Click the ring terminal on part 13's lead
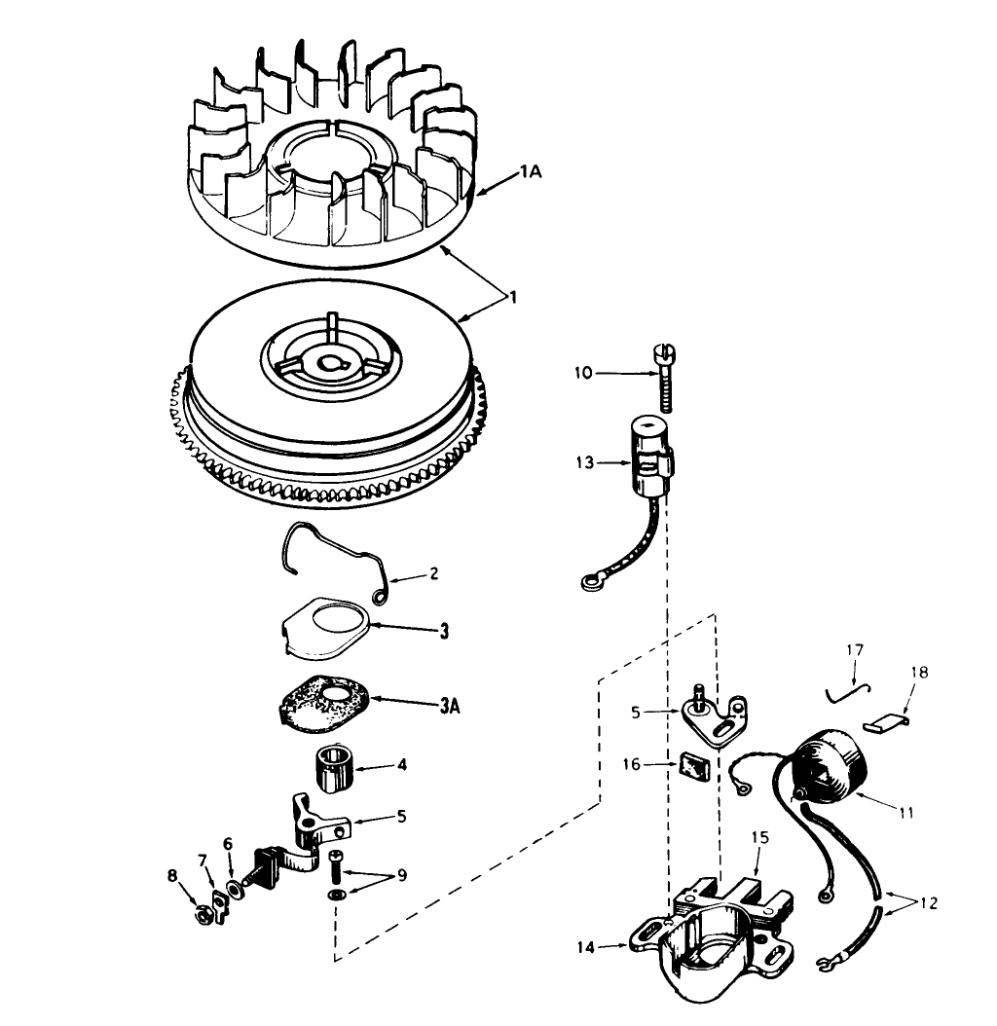pyautogui.click(x=587, y=584)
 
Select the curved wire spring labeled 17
pyautogui.click(x=844, y=689)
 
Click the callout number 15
pyautogui.click(x=760, y=836)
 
